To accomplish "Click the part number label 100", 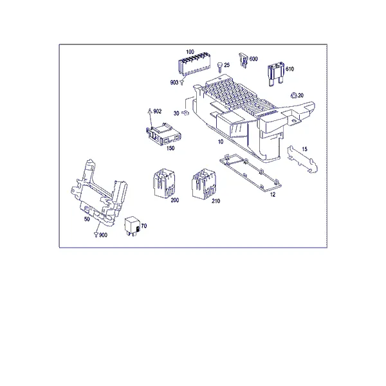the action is tap(190, 52).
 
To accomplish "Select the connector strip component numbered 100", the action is tap(194, 65).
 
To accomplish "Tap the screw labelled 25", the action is tap(220, 67).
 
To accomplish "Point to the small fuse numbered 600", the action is tap(243, 60).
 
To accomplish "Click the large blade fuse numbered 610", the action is tap(276, 74).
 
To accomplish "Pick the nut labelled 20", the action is tap(294, 95).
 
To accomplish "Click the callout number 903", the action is tap(174, 82).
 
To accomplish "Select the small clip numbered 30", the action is tap(185, 113).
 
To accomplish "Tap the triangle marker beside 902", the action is tap(150, 111).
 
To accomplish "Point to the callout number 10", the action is tap(221, 142).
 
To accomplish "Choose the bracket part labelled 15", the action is tap(302, 160).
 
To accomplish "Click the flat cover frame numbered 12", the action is tap(251, 173).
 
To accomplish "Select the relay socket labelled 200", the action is tap(164, 183).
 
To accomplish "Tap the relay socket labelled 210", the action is tap(203, 183).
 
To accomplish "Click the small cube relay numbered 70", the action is tap(133, 226).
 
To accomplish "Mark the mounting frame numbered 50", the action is tap(98, 192).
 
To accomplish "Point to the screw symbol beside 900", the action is tap(96, 235).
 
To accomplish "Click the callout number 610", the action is tap(289, 69).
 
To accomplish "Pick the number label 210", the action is tap(216, 201).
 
